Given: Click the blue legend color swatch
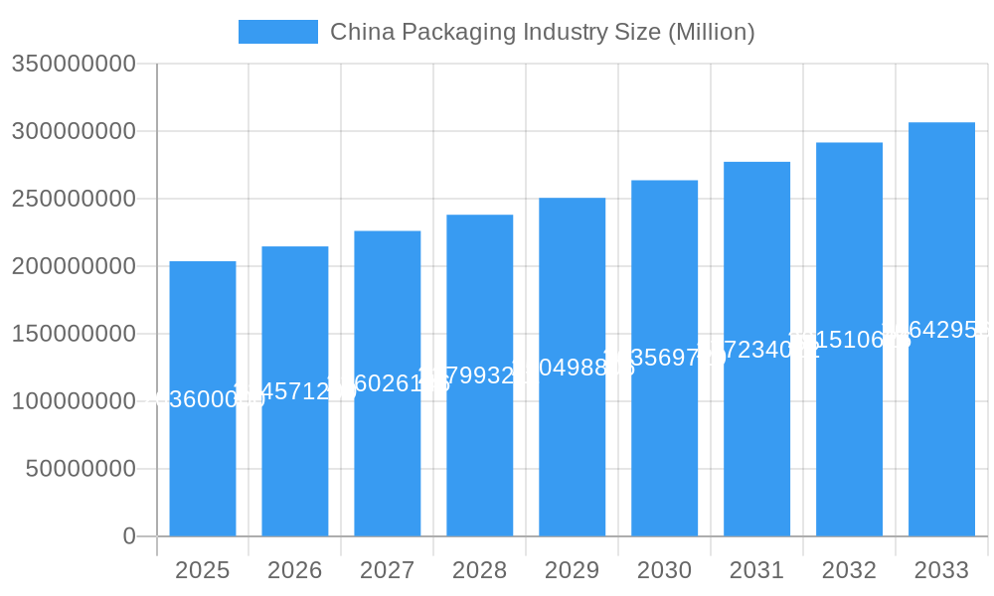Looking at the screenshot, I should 278,32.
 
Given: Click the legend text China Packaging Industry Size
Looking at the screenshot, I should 542,32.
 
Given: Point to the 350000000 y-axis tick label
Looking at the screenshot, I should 74,64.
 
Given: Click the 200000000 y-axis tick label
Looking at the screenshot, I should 74,266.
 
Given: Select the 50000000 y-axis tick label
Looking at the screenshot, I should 81,469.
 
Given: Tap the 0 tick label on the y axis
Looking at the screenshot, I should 129,536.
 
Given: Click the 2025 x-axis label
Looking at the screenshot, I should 203,570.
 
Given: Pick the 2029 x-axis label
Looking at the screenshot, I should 573,570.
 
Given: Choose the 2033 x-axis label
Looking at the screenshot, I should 941,570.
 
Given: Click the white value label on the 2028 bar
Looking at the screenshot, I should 480,375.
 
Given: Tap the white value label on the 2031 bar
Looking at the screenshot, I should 756,350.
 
